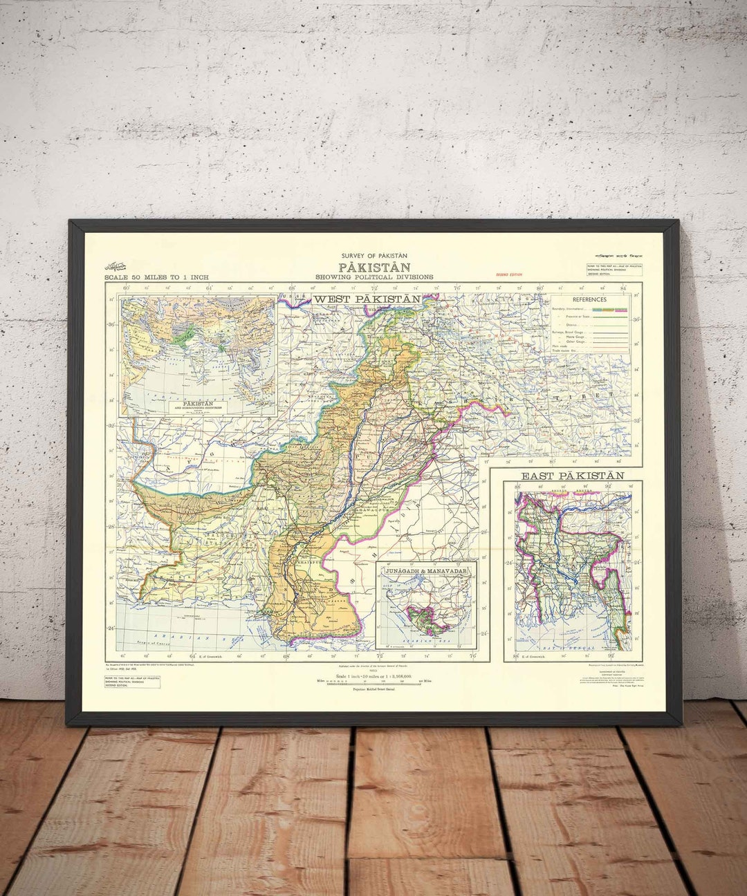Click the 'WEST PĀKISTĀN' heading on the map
[367, 299]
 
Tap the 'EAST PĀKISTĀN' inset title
[572, 476]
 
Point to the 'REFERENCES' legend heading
[589, 299]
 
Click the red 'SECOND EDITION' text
[508, 274]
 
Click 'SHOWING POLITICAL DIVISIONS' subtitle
[374, 277]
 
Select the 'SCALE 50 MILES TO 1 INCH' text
[156, 277]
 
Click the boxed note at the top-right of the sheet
[614, 269]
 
